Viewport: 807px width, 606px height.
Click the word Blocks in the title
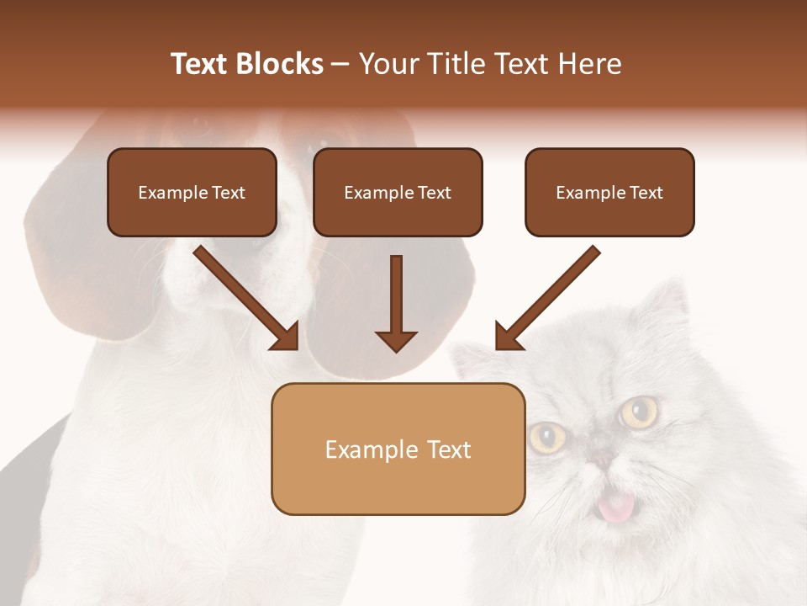click(279, 64)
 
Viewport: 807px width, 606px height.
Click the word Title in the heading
click(457, 64)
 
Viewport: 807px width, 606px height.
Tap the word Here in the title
click(589, 64)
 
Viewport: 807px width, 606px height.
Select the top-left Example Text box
click(192, 193)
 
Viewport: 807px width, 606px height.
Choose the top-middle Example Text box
click(398, 193)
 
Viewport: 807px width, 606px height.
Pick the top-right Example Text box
click(609, 193)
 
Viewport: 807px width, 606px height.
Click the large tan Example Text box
click(398, 449)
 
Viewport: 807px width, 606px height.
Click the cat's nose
click(603, 459)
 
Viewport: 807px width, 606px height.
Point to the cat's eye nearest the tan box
click(547, 436)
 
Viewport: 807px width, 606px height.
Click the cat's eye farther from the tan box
click(639, 412)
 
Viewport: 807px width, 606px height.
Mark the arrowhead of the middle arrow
click(397, 340)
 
